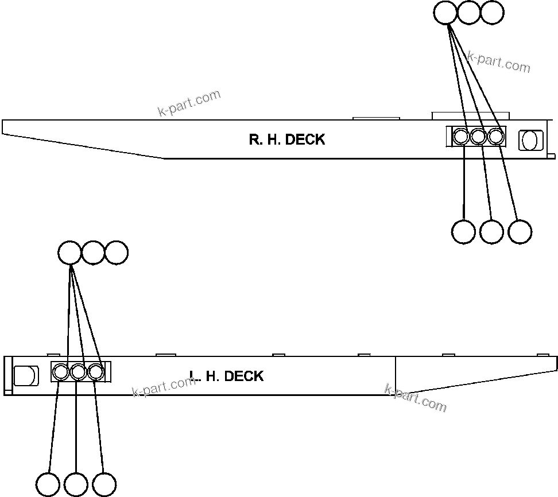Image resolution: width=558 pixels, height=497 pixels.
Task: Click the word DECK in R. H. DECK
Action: tap(305, 139)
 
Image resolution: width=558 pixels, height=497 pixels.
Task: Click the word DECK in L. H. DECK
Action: tap(243, 376)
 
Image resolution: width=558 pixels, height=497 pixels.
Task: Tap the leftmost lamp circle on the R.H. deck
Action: tap(461, 137)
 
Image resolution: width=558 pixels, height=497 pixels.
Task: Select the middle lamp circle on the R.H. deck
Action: tap(479, 137)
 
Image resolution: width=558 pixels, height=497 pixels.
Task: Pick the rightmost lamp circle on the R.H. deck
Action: tap(496, 137)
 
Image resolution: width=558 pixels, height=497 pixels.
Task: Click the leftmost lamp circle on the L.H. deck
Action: tap(60, 372)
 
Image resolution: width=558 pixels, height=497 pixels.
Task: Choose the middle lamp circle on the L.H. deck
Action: tap(78, 372)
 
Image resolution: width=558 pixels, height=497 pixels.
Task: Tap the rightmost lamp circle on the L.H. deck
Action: tap(96, 372)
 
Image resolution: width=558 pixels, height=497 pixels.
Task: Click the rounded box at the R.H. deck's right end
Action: tap(530, 140)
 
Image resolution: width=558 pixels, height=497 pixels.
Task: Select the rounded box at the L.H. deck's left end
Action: tap(25, 376)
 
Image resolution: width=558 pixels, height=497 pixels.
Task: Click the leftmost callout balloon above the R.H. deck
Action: tap(445, 13)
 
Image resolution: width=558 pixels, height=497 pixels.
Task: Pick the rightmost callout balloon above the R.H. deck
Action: tap(492, 13)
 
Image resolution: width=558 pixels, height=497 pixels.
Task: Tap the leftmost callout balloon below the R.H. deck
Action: tap(463, 231)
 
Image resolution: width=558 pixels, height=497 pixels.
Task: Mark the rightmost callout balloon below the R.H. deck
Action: tap(520, 231)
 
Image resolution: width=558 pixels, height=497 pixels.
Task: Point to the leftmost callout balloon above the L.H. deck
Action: tap(70, 253)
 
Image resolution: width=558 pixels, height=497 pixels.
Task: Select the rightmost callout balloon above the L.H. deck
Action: tap(117, 253)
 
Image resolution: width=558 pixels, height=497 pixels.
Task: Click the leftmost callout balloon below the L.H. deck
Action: tap(48, 484)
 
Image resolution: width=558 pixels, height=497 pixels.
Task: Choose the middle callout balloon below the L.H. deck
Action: tap(76, 484)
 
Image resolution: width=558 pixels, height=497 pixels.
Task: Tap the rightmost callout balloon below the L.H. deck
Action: tap(104, 484)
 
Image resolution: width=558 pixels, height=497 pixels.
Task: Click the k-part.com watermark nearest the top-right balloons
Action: tap(498, 61)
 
